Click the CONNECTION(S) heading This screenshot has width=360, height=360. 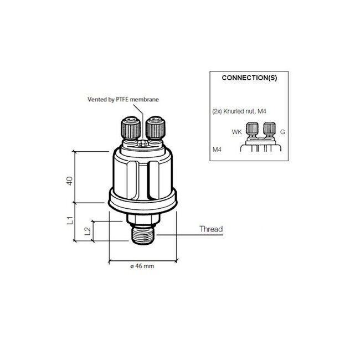[x=249, y=78]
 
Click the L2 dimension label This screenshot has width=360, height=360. [x=87, y=231]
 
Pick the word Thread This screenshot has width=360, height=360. [x=210, y=229]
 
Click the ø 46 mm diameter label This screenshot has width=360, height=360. [x=142, y=267]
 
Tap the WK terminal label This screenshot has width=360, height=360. [x=237, y=132]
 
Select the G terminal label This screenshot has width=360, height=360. [x=282, y=132]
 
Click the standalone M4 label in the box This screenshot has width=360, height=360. [x=217, y=150]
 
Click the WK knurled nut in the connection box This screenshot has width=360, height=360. [x=253, y=129]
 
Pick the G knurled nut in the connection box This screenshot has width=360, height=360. [x=270, y=129]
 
